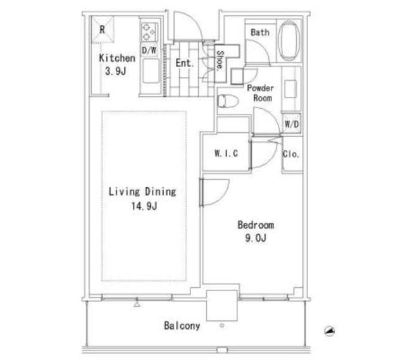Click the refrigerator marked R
pos(103,30)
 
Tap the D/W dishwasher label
pos(149,50)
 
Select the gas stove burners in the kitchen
pos(149,32)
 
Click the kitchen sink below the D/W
pos(151,71)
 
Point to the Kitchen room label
pos(117,58)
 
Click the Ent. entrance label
pos(184,63)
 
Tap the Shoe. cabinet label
pos(220,60)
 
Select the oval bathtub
pos(289,41)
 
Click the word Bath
pos(260,32)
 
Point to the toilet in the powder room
pos(227,101)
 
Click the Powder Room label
pos(260,93)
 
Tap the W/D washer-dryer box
pos(292,124)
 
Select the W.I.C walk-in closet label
pos(227,153)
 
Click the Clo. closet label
pos(291,154)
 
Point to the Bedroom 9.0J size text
pos(256,238)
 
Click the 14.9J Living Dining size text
pos(144,206)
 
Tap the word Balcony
pos(182,326)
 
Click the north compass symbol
pos(330,331)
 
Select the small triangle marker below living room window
pos(137,304)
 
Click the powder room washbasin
pos(290,89)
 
